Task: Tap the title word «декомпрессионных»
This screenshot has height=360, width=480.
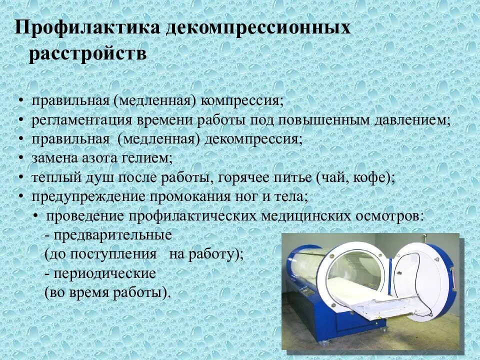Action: point(257,27)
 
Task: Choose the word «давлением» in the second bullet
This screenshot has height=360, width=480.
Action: point(409,120)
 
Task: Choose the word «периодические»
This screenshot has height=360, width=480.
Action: point(105,273)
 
